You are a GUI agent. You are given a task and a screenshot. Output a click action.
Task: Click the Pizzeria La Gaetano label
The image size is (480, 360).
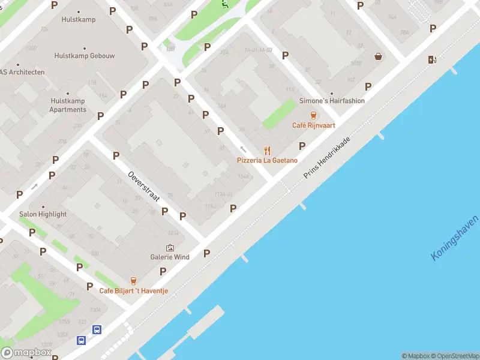(x=267, y=160)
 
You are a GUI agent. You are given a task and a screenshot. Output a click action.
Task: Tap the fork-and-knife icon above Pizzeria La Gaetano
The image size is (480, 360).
(x=268, y=151)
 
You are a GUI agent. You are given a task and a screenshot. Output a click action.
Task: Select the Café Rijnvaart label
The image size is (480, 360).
(x=313, y=125)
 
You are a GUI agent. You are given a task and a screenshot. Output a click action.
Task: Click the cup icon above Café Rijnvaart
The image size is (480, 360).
(x=313, y=115)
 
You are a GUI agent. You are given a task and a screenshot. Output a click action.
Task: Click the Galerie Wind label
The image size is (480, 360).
(x=170, y=257)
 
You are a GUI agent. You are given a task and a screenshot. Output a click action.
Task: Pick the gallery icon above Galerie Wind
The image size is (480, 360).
(x=170, y=247)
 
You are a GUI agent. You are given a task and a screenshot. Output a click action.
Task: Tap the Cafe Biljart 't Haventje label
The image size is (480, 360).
(x=134, y=291)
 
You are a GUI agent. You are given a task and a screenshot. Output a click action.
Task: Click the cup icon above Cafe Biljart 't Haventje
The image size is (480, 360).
(x=133, y=281)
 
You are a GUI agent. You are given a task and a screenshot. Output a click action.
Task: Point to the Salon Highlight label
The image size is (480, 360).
(x=43, y=214)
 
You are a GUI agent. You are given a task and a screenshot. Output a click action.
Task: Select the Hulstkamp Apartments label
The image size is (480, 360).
(x=68, y=105)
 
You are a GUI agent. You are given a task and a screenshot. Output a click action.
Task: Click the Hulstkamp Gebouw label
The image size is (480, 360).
(x=85, y=56)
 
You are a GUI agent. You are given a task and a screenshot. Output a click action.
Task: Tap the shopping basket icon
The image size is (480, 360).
(x=379, y=57)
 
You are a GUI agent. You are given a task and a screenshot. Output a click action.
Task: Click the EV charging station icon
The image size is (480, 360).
(x=432, y=59)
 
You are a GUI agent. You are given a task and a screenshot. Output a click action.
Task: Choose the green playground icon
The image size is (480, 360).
(x=224, y=4)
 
